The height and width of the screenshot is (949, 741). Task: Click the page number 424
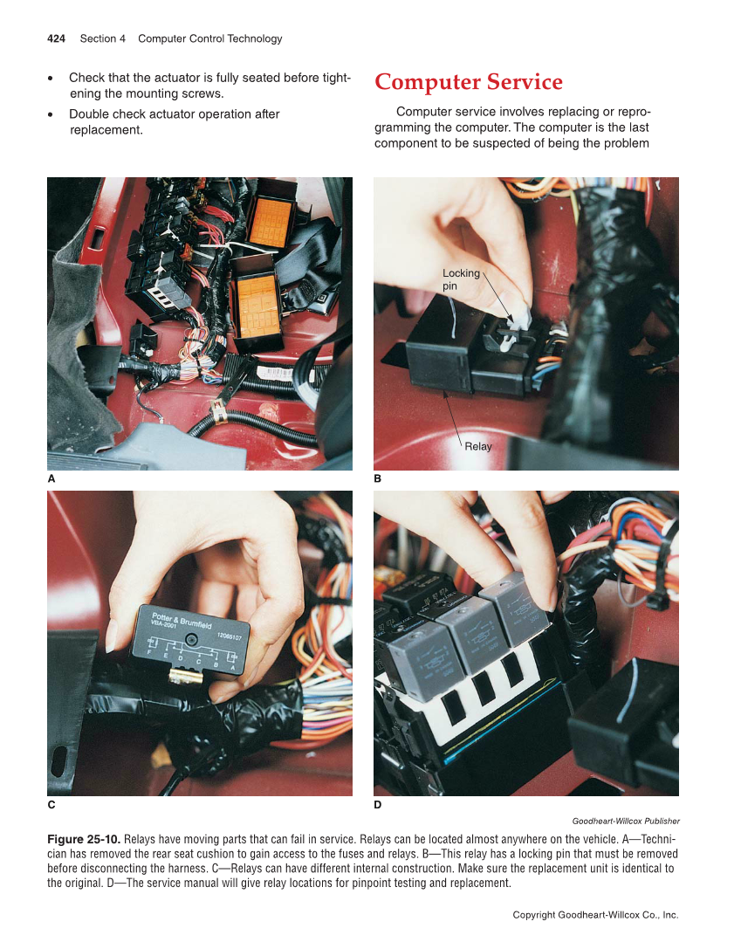[57, 38]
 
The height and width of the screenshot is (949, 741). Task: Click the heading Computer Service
[469, 82]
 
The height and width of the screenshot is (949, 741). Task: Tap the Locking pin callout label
[460, 279]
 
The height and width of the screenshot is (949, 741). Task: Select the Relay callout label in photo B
[478, 446]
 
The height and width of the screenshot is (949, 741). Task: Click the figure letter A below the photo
[51, 479]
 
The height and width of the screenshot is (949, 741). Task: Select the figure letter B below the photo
[378, 479]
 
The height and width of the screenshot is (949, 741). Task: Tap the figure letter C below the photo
[51, 804]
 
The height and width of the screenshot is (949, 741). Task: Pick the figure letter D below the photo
[378, 804]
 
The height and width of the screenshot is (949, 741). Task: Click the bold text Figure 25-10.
[84, 838]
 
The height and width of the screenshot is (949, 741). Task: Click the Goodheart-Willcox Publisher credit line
[625, 821]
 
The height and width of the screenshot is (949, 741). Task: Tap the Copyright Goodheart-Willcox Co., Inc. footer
[595, 915]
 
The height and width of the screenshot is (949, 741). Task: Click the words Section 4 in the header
[103, 38]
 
